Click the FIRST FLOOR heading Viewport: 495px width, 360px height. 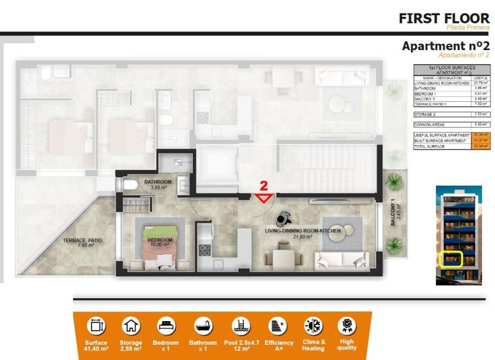tap(444, 18)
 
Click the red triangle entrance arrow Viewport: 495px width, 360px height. tap(264, 197)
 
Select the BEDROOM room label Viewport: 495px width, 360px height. tap(160, 240)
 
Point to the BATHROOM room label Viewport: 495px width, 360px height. tap(157, 182)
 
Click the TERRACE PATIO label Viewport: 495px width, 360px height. tap(82, 241)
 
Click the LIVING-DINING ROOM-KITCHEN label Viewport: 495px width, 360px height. tap(296, 231)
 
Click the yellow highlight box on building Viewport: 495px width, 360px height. tap(450, 259)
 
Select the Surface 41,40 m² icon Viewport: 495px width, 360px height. tap(96, 326)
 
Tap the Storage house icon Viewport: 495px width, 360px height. tap(131, 326)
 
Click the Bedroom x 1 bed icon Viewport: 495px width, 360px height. tap(166, 326)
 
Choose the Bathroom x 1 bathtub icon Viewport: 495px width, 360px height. tap(202, 326)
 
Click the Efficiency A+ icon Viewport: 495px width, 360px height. tap(278, 326)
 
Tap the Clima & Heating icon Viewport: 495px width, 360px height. tap(313, 326)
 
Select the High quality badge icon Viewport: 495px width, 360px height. tap(346, 326)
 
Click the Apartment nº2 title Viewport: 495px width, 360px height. tap(445, 46)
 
